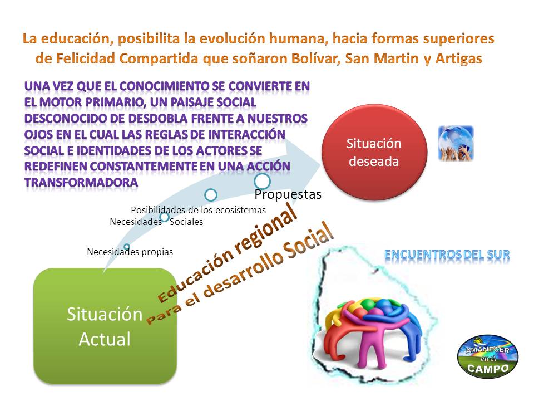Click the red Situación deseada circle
374,152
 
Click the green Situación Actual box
105,326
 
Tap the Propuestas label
288,194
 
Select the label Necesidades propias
130,252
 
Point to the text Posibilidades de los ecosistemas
198,210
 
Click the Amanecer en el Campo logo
488,356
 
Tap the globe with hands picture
456,143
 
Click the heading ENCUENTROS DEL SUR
447,255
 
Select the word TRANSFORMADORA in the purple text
81,183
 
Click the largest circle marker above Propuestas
262,181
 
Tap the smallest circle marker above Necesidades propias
127,247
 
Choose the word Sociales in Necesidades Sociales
186,222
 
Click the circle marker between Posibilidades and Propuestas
211,195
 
